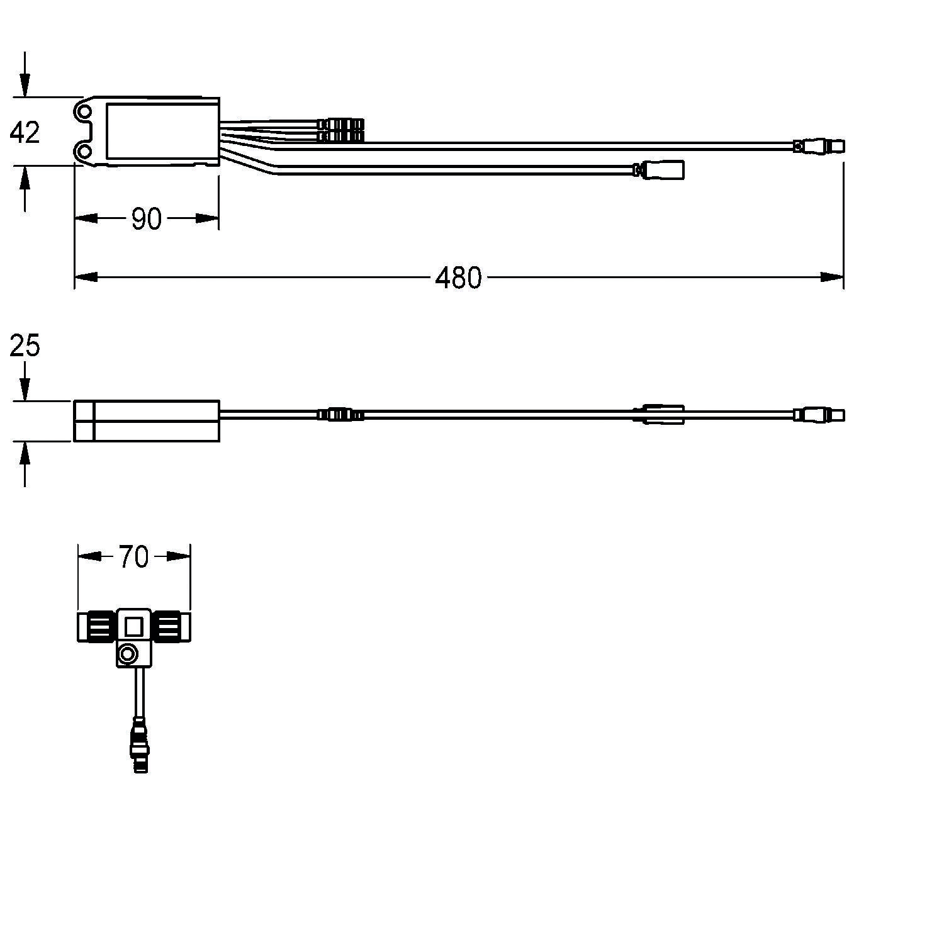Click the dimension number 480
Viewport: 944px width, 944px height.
point(458,278)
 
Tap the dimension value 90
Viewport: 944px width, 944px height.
point(147,219)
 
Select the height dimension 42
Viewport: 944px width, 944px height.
point(25,133)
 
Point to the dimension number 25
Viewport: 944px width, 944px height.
point(25,346)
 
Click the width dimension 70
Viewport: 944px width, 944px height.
point(133,557)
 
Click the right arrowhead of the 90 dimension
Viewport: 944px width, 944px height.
point(208,218)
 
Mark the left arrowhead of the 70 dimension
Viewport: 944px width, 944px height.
point(89,556)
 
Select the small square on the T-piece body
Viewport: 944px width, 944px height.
point(133,627)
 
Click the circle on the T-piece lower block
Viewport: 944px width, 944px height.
point(128,655)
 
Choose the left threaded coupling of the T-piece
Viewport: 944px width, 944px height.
point(96,627)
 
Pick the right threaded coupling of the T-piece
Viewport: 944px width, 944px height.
point(171,627)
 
